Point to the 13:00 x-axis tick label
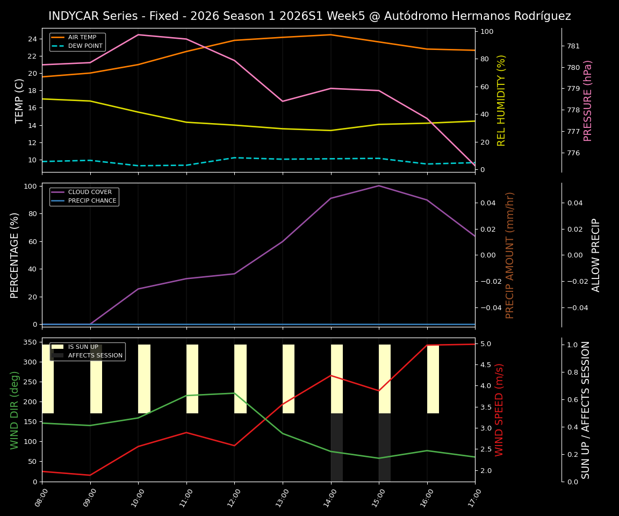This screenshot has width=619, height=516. click(x=282, y=498)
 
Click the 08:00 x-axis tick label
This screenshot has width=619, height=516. click(x=41, y=498)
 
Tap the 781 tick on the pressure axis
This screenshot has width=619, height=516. click(x=573, y=46)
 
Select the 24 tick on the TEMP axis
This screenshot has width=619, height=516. click(x=32, y=39)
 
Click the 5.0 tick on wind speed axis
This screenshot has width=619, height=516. click(x=486, y=344)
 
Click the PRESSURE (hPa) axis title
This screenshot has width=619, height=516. click(x=588, y=101)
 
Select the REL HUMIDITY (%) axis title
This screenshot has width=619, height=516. click(x=501, y=101)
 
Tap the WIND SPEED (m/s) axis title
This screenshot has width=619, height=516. click(x=500, y=410)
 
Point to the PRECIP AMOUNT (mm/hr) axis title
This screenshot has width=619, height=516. click(x=510, y=255)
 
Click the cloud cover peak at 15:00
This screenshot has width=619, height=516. click(x=379, y=186)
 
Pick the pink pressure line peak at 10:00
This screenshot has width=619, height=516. click(x=138, y=34)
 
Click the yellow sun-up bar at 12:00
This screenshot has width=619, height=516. click(x=240, y=379)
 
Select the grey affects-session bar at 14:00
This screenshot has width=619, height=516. click(x=336, y=447)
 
